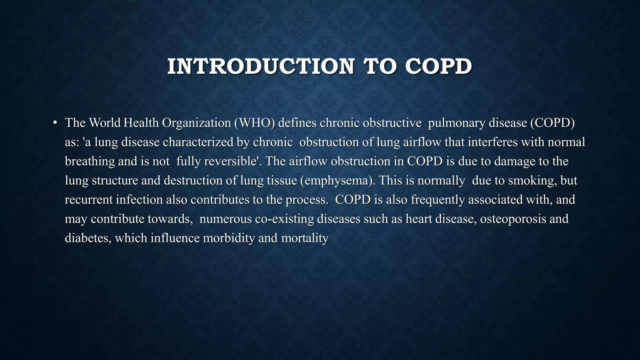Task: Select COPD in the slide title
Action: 438,67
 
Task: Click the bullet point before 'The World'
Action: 55,123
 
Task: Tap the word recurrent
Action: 88,200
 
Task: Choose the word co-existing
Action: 284,219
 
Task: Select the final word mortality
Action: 305,238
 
